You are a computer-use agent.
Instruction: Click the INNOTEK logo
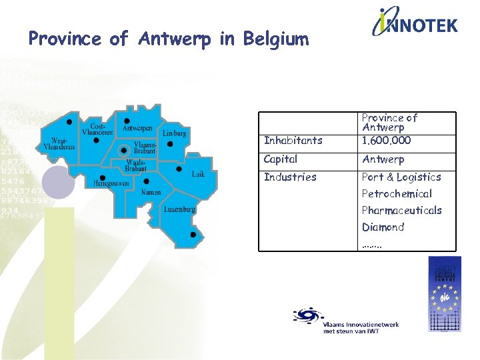415,24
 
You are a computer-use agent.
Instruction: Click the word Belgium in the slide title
275,39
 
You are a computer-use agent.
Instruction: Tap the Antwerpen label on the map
138,128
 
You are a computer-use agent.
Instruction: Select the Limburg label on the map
174,133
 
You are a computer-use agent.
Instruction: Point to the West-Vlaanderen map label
59,143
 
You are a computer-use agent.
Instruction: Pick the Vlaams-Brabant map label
145,147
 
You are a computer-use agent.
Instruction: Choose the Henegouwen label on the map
110,182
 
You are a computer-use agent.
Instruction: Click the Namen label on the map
151,192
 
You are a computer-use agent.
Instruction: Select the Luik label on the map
198,174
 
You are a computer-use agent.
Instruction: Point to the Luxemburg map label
179,209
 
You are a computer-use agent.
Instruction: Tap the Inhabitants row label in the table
293,141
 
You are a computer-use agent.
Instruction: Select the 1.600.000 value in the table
386,141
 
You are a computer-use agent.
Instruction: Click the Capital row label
281,159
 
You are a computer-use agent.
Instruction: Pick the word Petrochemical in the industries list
397,194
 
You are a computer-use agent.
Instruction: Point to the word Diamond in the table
383,227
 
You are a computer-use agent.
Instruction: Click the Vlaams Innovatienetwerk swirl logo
307,315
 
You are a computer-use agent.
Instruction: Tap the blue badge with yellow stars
443,294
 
